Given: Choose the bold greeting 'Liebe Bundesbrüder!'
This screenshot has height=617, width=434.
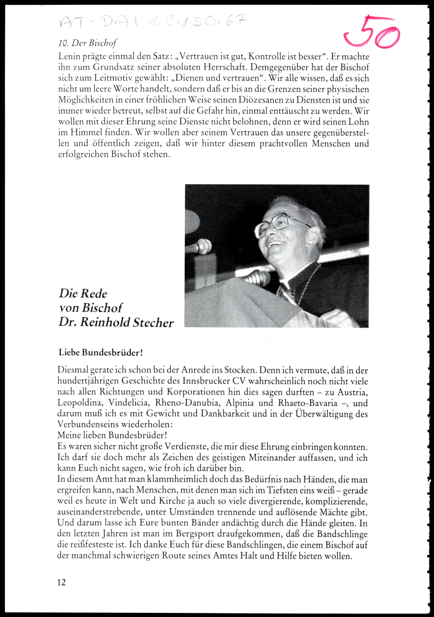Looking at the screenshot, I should (x=100, y=353).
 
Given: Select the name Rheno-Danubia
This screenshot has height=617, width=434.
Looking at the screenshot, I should (x=187, y=403).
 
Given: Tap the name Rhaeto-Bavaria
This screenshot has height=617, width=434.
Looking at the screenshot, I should (x=308, y=403).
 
